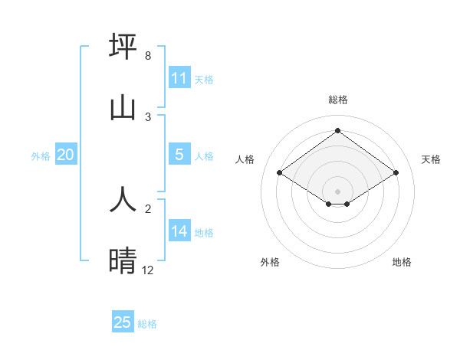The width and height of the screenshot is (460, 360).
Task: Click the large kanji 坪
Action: pyautogui.click(x=123, y=46)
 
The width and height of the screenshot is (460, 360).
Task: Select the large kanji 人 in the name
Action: pyautogui.click(x=123, y=198)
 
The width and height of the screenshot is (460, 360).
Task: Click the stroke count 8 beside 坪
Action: pyautogui.click(x=147, y=57)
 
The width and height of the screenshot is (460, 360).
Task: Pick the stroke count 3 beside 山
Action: pyautogui.click(x=148, y=116)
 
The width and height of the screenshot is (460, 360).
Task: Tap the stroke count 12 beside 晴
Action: pyautogui.click(x=148, y=270)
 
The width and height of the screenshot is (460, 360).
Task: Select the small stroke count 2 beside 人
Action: pyautogui.click(x=148, y=208)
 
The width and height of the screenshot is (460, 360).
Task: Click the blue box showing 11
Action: pyautogui.click(x=179, y=78)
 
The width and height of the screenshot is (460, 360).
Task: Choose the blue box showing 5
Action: pyautogui.click(x=179, y=155)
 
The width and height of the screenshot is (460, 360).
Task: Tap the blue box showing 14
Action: pyautogui.click(x=179, y=231)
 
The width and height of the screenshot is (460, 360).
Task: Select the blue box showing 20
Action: pyautogui.click(x=65, y=155)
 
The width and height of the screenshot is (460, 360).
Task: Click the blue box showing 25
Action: pyautogui.click(x=123, y=322)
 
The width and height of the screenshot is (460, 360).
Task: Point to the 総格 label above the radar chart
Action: pyautogui.click(x=337, y=100)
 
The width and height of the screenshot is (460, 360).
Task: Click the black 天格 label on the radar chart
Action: pyautogui.click(x=431, y=159)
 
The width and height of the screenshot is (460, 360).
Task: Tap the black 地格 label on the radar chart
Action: pyautogui.click(x=402, y=262)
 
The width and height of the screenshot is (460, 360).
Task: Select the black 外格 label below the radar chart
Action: pyautogui.click(x=270, y=262)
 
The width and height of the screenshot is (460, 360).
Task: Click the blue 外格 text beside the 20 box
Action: pyautogui.click(x=41, y=155)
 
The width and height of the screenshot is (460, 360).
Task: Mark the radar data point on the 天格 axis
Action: pyautogui.click(x=396, y=173)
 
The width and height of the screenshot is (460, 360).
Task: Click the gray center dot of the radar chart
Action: pyautogui.click(x=337, y=191)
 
